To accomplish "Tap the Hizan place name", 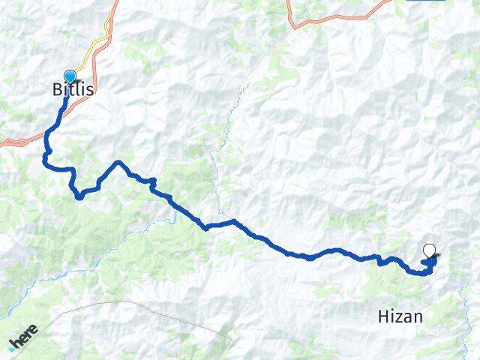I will tap(400, 317).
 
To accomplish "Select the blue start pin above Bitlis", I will tap(70, 76).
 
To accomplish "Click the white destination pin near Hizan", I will tap(430, 251).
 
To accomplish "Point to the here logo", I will tap(22, 338).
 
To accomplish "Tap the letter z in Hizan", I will tap(398, 318).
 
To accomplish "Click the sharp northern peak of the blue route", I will tap(117, 163).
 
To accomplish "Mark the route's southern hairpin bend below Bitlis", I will tap(78, 196).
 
